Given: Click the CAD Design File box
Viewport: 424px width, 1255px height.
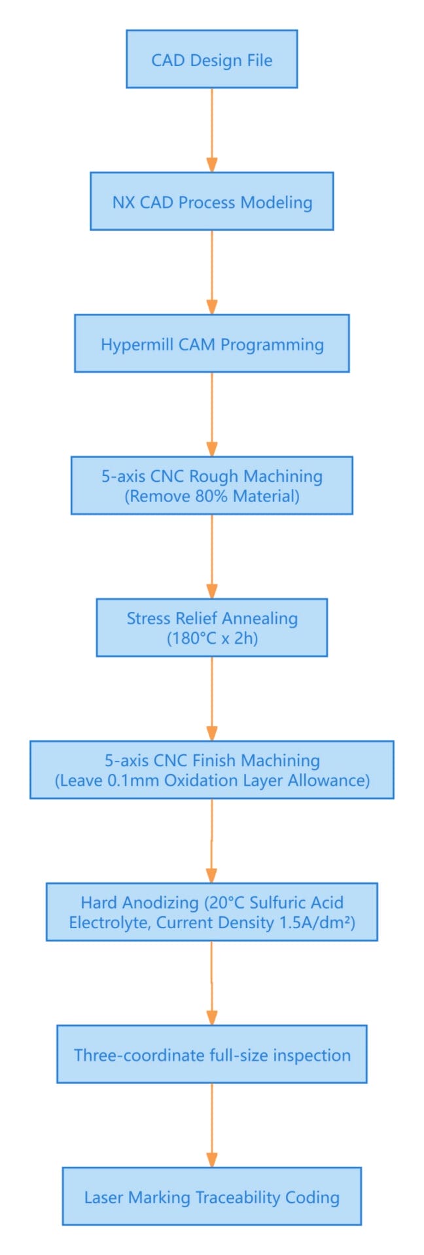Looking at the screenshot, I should point(211,59).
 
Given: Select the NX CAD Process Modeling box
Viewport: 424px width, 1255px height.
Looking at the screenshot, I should point(211,201).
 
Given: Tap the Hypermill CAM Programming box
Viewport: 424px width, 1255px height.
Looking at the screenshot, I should point(211,344).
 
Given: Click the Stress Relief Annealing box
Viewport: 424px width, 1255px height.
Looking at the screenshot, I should point(211,627).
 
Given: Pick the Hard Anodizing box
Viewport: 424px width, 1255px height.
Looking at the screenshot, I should point(211,912).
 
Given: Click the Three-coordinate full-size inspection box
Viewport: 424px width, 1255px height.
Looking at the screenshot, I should point(211,1054).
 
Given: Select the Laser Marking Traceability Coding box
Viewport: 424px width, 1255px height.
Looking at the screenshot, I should point(211,1197).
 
